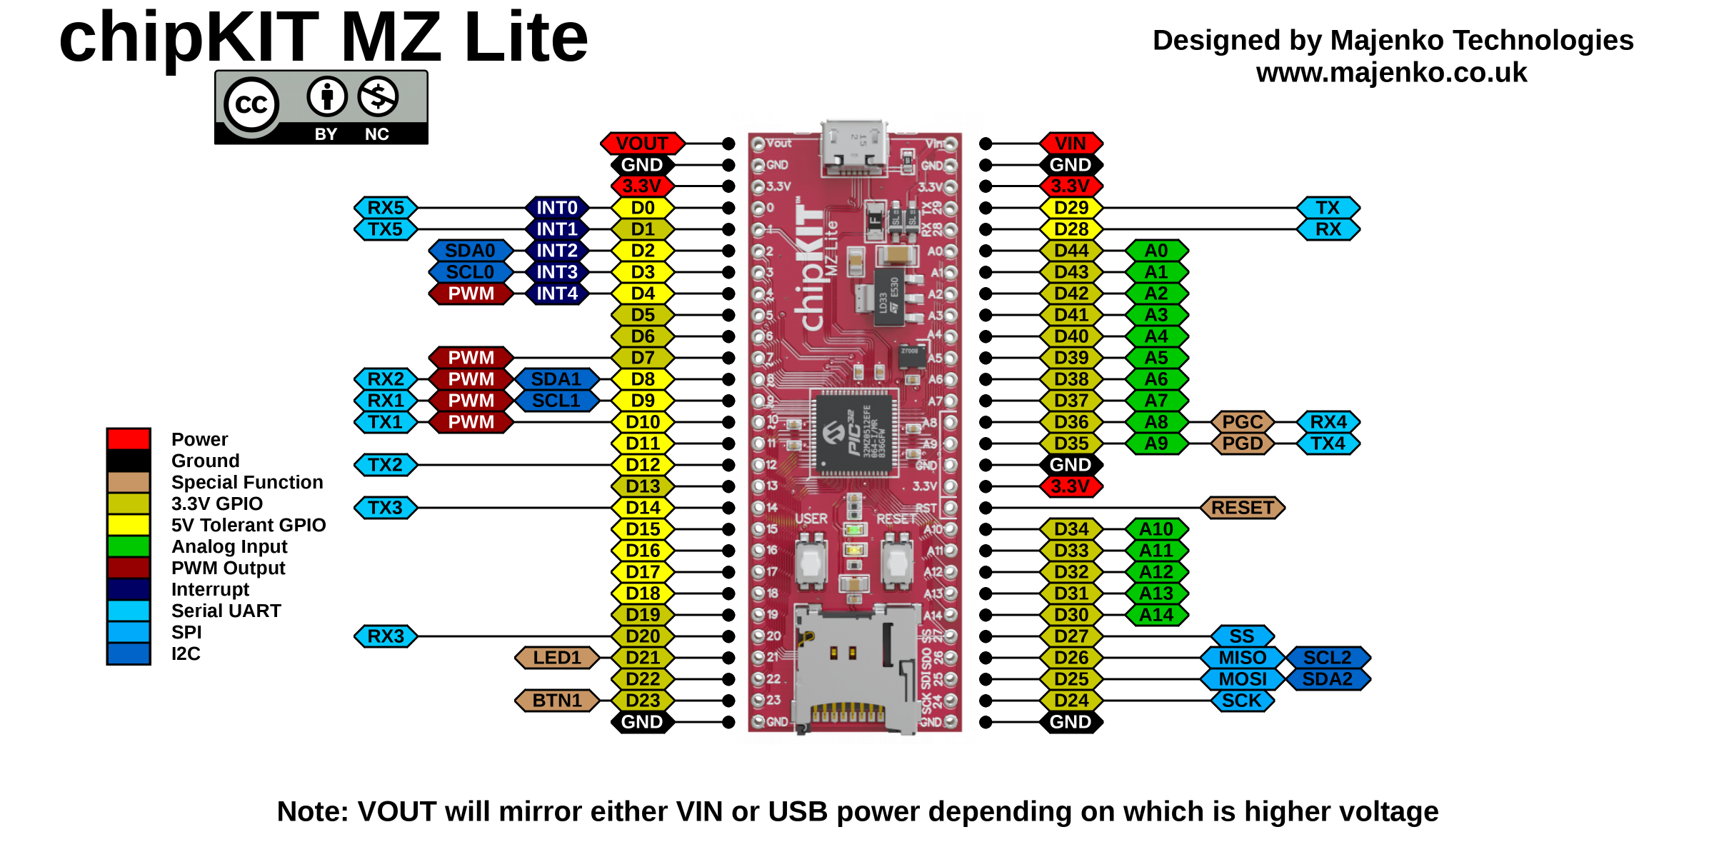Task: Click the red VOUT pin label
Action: [642, 144]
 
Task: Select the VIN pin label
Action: [1071, 144]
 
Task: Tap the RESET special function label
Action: [1243, 508]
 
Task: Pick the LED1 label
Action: [557, 658]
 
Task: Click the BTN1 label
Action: [557, 701]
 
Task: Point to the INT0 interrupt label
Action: [557, 208]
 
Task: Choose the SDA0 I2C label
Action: [470, 251]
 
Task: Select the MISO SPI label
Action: [1243, 658]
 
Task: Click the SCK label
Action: [1243, 701]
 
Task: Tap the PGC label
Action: [1243, 422]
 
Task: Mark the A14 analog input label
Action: [1156, 615]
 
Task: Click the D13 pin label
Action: [643, 486]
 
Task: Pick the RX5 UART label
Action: [386, 208]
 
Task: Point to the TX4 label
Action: [1328, 443]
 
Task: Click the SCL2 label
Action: [1328, 658]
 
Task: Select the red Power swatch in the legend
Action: [129, 439]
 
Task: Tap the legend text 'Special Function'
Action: [247, 482]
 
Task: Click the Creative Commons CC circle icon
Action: [251, 105]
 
